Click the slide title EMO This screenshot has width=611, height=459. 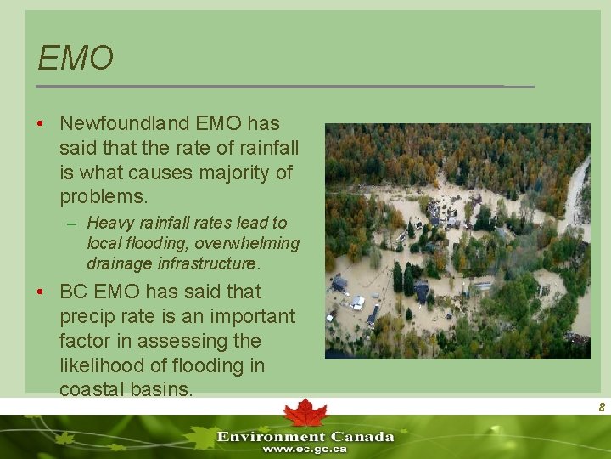tap(76, 59)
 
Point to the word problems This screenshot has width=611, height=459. tap(104, 197)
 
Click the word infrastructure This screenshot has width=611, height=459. tap(209, 263)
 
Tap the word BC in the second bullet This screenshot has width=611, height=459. tap(75, 292)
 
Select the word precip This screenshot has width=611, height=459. tap(88, 316)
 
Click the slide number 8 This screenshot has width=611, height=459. tap(601, 408)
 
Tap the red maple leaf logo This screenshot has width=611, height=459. tap(305, 413)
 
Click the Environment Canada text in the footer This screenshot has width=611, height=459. tap(305, 436)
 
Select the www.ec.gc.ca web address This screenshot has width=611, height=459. tap(305, 449)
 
